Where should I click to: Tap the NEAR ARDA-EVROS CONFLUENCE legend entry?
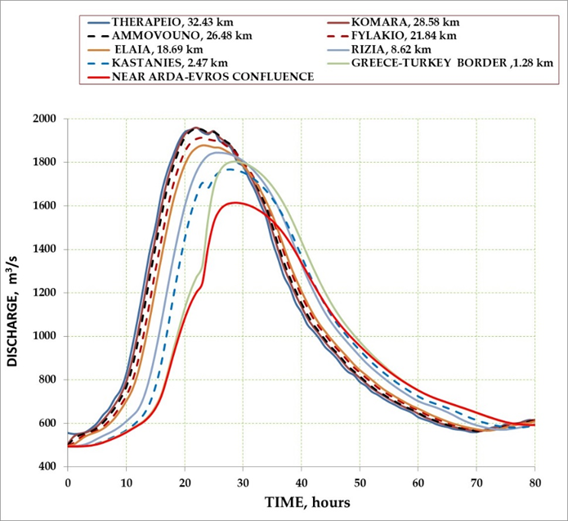click(x=203, y=77)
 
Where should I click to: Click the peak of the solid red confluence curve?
click(x=235, y=202)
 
